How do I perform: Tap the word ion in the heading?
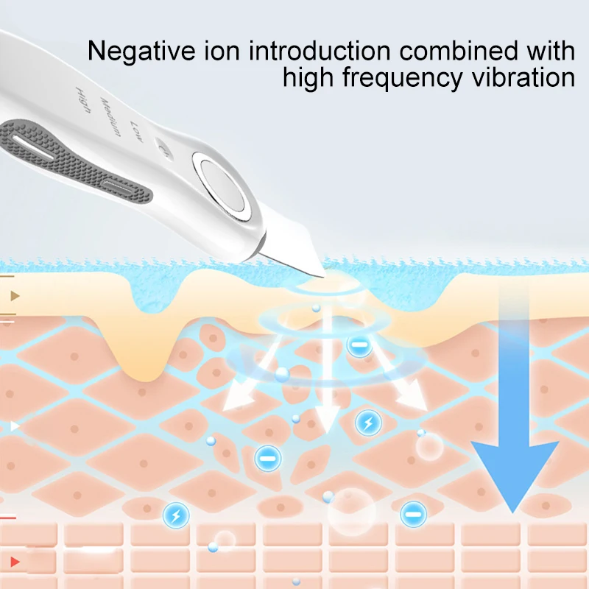click(x=219, y=51)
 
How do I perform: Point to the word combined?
click(x=453, y=51)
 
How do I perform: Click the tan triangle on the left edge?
click(x=14, y=297)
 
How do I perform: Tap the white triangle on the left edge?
click(x=14, y=426)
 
